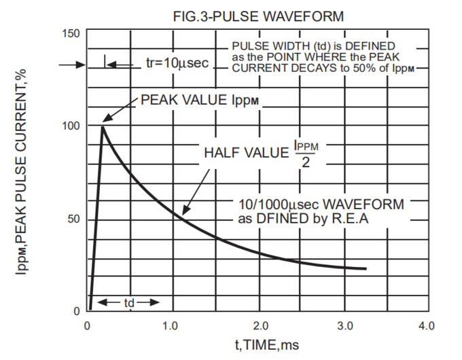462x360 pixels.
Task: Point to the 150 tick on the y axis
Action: (x=71, y=33)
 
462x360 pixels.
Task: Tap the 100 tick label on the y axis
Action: (x=71, y=126)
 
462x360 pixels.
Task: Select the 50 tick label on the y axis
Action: (x=74, y=219)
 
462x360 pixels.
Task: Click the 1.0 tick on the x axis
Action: (x=172, y=327)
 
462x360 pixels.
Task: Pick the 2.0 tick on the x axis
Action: (x=257, y=327)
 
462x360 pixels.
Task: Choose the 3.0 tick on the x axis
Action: (x=342, y=327)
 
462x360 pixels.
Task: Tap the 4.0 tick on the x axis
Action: (x=426, y=327)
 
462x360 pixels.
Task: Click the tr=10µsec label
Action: (x=177, y=64)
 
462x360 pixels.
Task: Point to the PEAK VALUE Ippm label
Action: (x=201, y=100)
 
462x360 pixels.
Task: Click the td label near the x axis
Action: (x=129, y=302)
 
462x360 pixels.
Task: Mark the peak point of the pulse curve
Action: (x=103, y=126)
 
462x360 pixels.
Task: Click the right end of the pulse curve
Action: (x=366, y=269)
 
